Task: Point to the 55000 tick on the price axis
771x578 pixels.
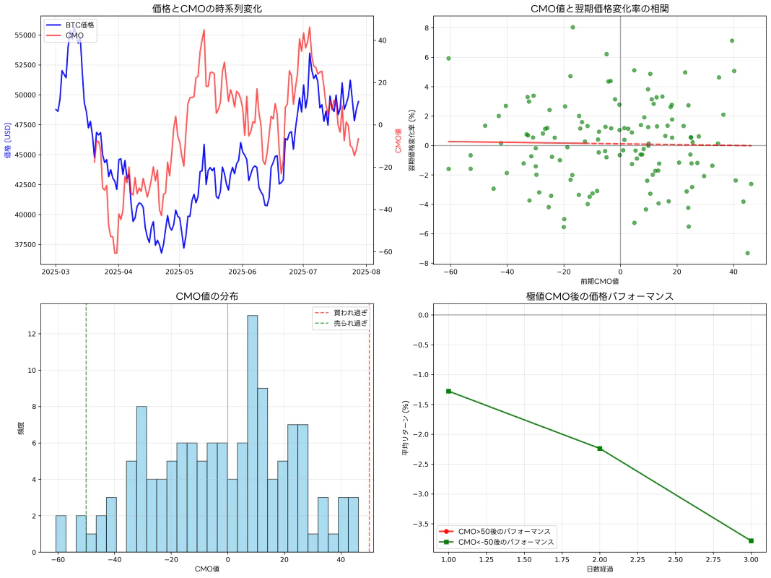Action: point(26,35)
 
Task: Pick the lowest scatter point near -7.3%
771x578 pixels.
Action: point(747,253)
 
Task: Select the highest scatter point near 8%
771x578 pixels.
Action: point(572,27)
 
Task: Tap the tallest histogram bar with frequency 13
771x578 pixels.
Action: point(252,433)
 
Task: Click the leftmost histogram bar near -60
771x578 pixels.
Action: point(61,534)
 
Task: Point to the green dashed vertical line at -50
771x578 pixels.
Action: point(86,433)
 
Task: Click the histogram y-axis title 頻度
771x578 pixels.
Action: point(20,428)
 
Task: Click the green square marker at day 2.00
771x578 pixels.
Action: point(599,449)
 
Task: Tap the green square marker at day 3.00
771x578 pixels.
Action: point(751,540)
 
